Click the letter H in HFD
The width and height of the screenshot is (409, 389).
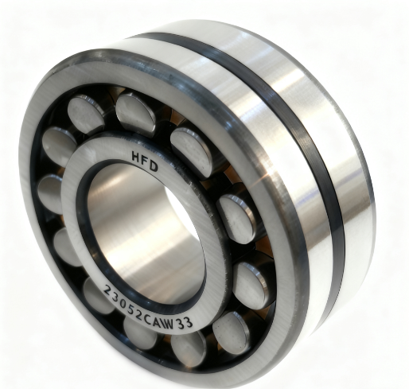[136, 157]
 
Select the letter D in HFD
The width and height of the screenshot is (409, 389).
[154, 167]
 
